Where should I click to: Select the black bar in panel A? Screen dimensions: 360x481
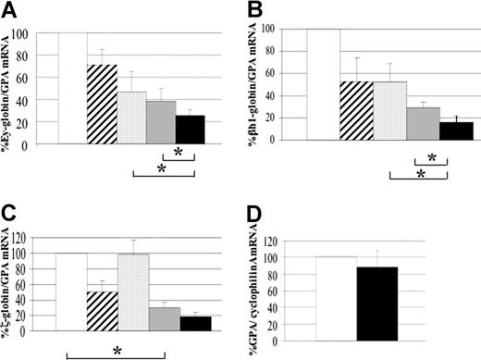tap(191, 130)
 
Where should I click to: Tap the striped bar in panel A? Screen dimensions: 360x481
tap(102, 105)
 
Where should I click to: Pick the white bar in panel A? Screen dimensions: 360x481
tap(72, 89)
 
